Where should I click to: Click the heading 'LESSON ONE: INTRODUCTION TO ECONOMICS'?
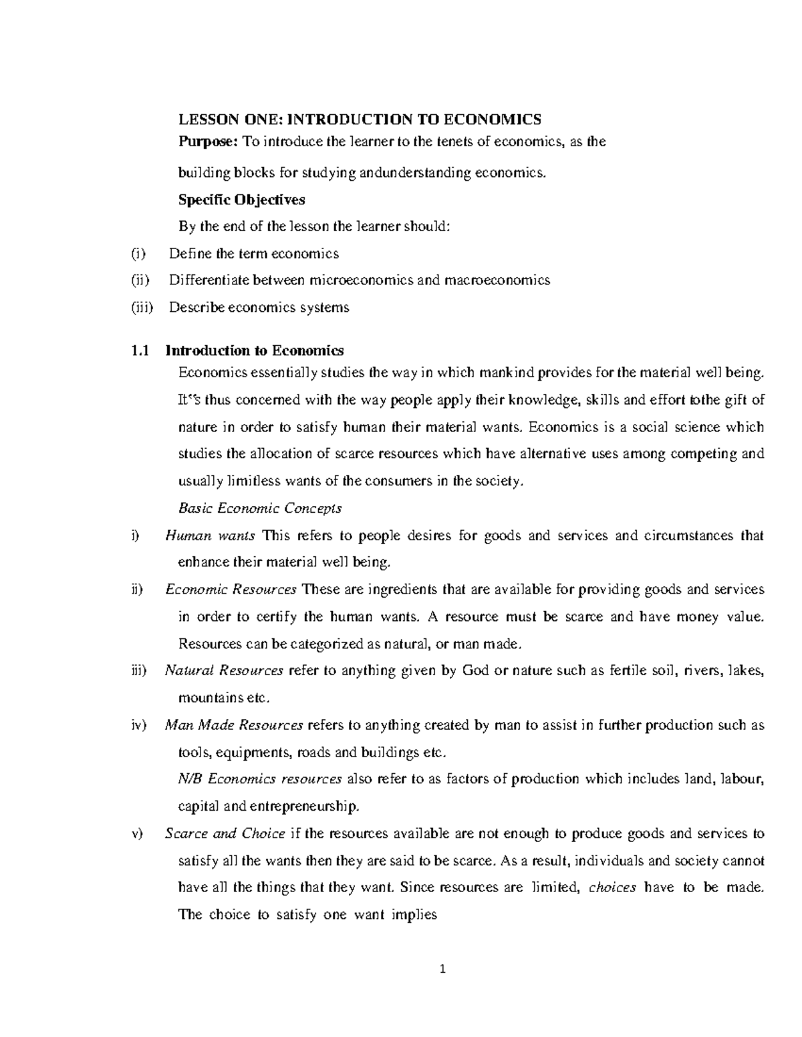point(359,120)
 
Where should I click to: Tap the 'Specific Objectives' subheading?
point(241,199)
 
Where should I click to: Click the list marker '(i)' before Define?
point(137,254)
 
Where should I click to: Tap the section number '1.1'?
point(138,351)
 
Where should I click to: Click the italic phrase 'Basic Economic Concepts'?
point(260,508)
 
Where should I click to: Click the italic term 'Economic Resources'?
point(231,590)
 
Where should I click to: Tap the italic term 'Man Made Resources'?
point(234,725)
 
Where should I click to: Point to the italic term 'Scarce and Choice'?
point(225,833)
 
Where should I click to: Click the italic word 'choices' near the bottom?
point(612,887)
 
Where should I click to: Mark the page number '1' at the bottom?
point(442,969)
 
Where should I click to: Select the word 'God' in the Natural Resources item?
point(475,670)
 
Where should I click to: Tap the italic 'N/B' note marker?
point(191,779)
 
